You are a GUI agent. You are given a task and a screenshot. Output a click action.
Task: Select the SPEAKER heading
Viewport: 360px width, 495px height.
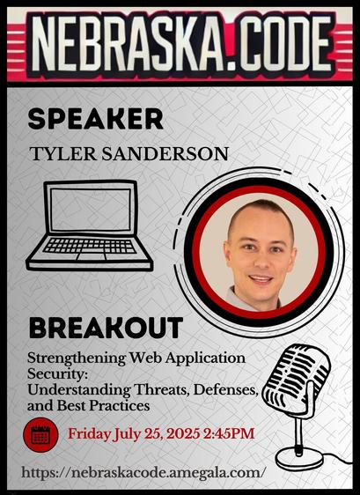(x=96, y=119)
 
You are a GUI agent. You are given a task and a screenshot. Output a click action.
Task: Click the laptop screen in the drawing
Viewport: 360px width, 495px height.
(x=91, y=210)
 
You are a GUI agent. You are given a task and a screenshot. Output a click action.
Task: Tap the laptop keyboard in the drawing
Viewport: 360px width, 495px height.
(x=90, y=246)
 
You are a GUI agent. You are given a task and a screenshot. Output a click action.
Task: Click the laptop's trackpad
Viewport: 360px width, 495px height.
(x=91, y=256)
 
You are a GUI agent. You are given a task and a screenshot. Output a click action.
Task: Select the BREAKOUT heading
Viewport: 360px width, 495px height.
(x=106, y=328)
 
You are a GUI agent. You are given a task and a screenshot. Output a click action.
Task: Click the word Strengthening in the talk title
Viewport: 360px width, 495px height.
(x=77, y=358)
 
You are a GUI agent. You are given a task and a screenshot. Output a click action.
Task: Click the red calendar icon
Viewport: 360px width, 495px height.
(x=40, y=435)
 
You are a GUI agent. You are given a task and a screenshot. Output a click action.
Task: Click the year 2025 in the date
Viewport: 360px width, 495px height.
(x=183, y=433)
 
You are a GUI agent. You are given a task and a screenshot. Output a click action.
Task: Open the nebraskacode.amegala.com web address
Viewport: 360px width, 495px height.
(x=142, y=473)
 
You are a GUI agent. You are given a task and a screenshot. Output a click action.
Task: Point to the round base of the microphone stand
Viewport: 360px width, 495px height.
(x=298, y=457)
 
